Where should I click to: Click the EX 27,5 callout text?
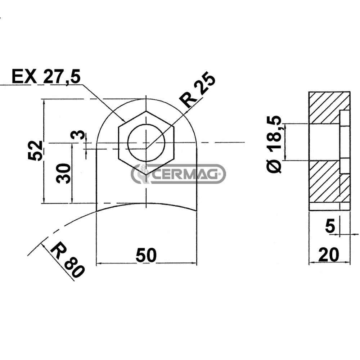coord(46,77)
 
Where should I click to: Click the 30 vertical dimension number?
coord(64,173)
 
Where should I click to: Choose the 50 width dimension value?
coord(146,255)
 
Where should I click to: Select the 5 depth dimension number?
coord(330,226)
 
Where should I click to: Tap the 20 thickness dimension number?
coord(329,255)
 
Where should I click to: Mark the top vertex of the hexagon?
coord(146,111)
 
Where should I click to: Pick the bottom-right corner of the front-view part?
coord(197,211)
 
